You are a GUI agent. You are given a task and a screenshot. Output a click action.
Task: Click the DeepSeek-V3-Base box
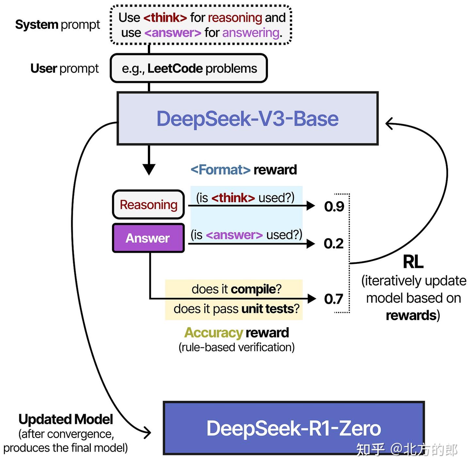point(247,119)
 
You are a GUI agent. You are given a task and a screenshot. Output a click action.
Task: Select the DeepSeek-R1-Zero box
point(293,428)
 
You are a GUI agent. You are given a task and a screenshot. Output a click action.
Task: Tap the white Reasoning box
point(149,205)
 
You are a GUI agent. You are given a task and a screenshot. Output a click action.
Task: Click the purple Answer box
point(148,238)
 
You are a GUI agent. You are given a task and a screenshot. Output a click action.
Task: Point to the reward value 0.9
point(334,206)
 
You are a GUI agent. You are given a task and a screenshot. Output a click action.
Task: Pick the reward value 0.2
point(334,244)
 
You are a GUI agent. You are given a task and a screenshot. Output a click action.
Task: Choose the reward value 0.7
point(334,299)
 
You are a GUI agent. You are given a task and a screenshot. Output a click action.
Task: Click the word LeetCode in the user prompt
point(175,69)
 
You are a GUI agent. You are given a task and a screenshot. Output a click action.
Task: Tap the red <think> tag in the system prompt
point(165,18)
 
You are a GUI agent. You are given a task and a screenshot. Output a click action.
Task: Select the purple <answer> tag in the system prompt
point(173,33)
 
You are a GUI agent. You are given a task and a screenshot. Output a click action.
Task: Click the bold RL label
point(413,262)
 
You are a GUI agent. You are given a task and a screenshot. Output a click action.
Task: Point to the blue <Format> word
point(220,170)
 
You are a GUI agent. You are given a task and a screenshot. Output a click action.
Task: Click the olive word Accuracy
point(213,333)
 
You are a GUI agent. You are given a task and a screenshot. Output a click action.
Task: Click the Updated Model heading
point(66,419)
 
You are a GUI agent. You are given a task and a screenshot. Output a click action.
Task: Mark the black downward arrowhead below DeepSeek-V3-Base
point(149,170)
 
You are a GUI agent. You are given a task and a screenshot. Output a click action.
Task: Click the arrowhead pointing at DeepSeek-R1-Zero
point(148,433)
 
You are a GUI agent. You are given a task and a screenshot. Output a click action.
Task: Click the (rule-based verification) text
point(236,347)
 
